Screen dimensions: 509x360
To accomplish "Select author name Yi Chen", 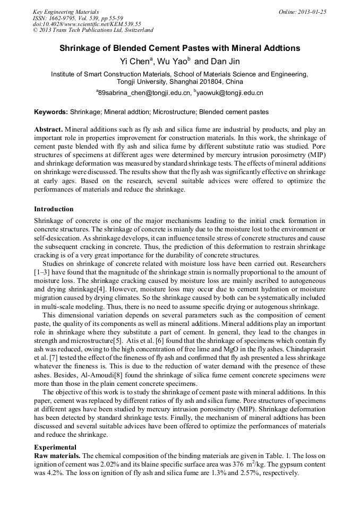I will point(136,62).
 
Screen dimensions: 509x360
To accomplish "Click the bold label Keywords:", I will point(51,112).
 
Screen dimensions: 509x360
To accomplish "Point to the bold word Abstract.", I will point(48,130).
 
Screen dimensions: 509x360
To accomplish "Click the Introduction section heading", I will point(54,209).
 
